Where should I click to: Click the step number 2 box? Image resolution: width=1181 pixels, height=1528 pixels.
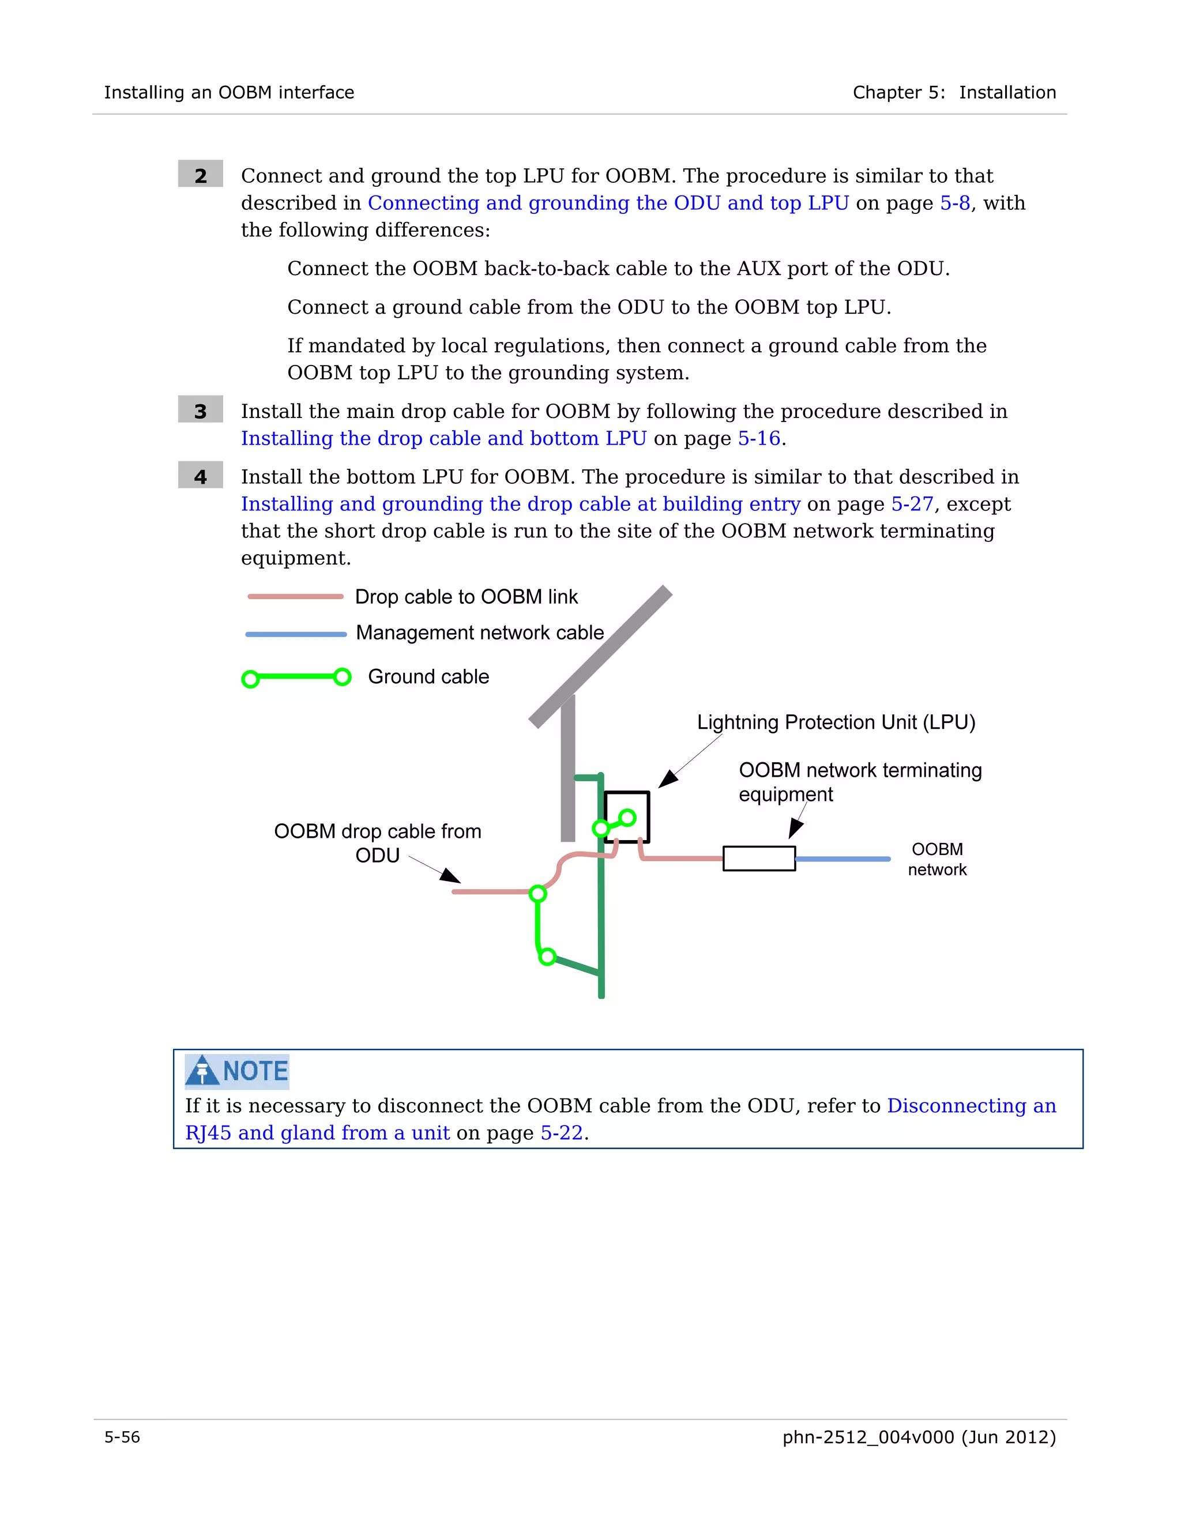pos(200,174)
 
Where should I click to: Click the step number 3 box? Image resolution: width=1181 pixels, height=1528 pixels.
pos(200,410)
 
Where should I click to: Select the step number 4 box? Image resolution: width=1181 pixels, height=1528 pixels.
pos(200,476)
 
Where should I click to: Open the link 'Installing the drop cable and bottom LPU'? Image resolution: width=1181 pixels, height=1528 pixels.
pos(443,439)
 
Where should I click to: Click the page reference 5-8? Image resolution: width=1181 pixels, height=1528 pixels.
pos(954,203)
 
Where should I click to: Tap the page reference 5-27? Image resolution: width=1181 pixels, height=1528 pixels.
pos(912,504)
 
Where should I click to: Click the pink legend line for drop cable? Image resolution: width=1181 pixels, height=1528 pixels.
pos(295,597)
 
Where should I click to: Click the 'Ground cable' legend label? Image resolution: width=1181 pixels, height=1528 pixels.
pos(428,676)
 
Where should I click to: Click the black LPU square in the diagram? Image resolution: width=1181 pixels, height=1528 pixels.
pos(627,816)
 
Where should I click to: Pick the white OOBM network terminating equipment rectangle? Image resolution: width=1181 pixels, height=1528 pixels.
pos(758,859)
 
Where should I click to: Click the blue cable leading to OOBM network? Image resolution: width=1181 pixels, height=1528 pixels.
pos(843,859)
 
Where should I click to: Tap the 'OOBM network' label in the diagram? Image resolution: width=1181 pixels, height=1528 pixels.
pos(937,859)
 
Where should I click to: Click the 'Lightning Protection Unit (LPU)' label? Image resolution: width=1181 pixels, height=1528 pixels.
pos(836,722)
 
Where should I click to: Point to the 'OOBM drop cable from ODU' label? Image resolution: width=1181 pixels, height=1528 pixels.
pos(377,843)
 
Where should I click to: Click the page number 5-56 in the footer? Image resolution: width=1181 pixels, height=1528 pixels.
pos(122,1437)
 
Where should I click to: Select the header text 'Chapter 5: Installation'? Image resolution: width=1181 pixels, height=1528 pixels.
pos(954,92)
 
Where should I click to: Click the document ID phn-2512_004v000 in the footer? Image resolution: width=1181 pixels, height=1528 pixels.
pos(867,1437)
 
